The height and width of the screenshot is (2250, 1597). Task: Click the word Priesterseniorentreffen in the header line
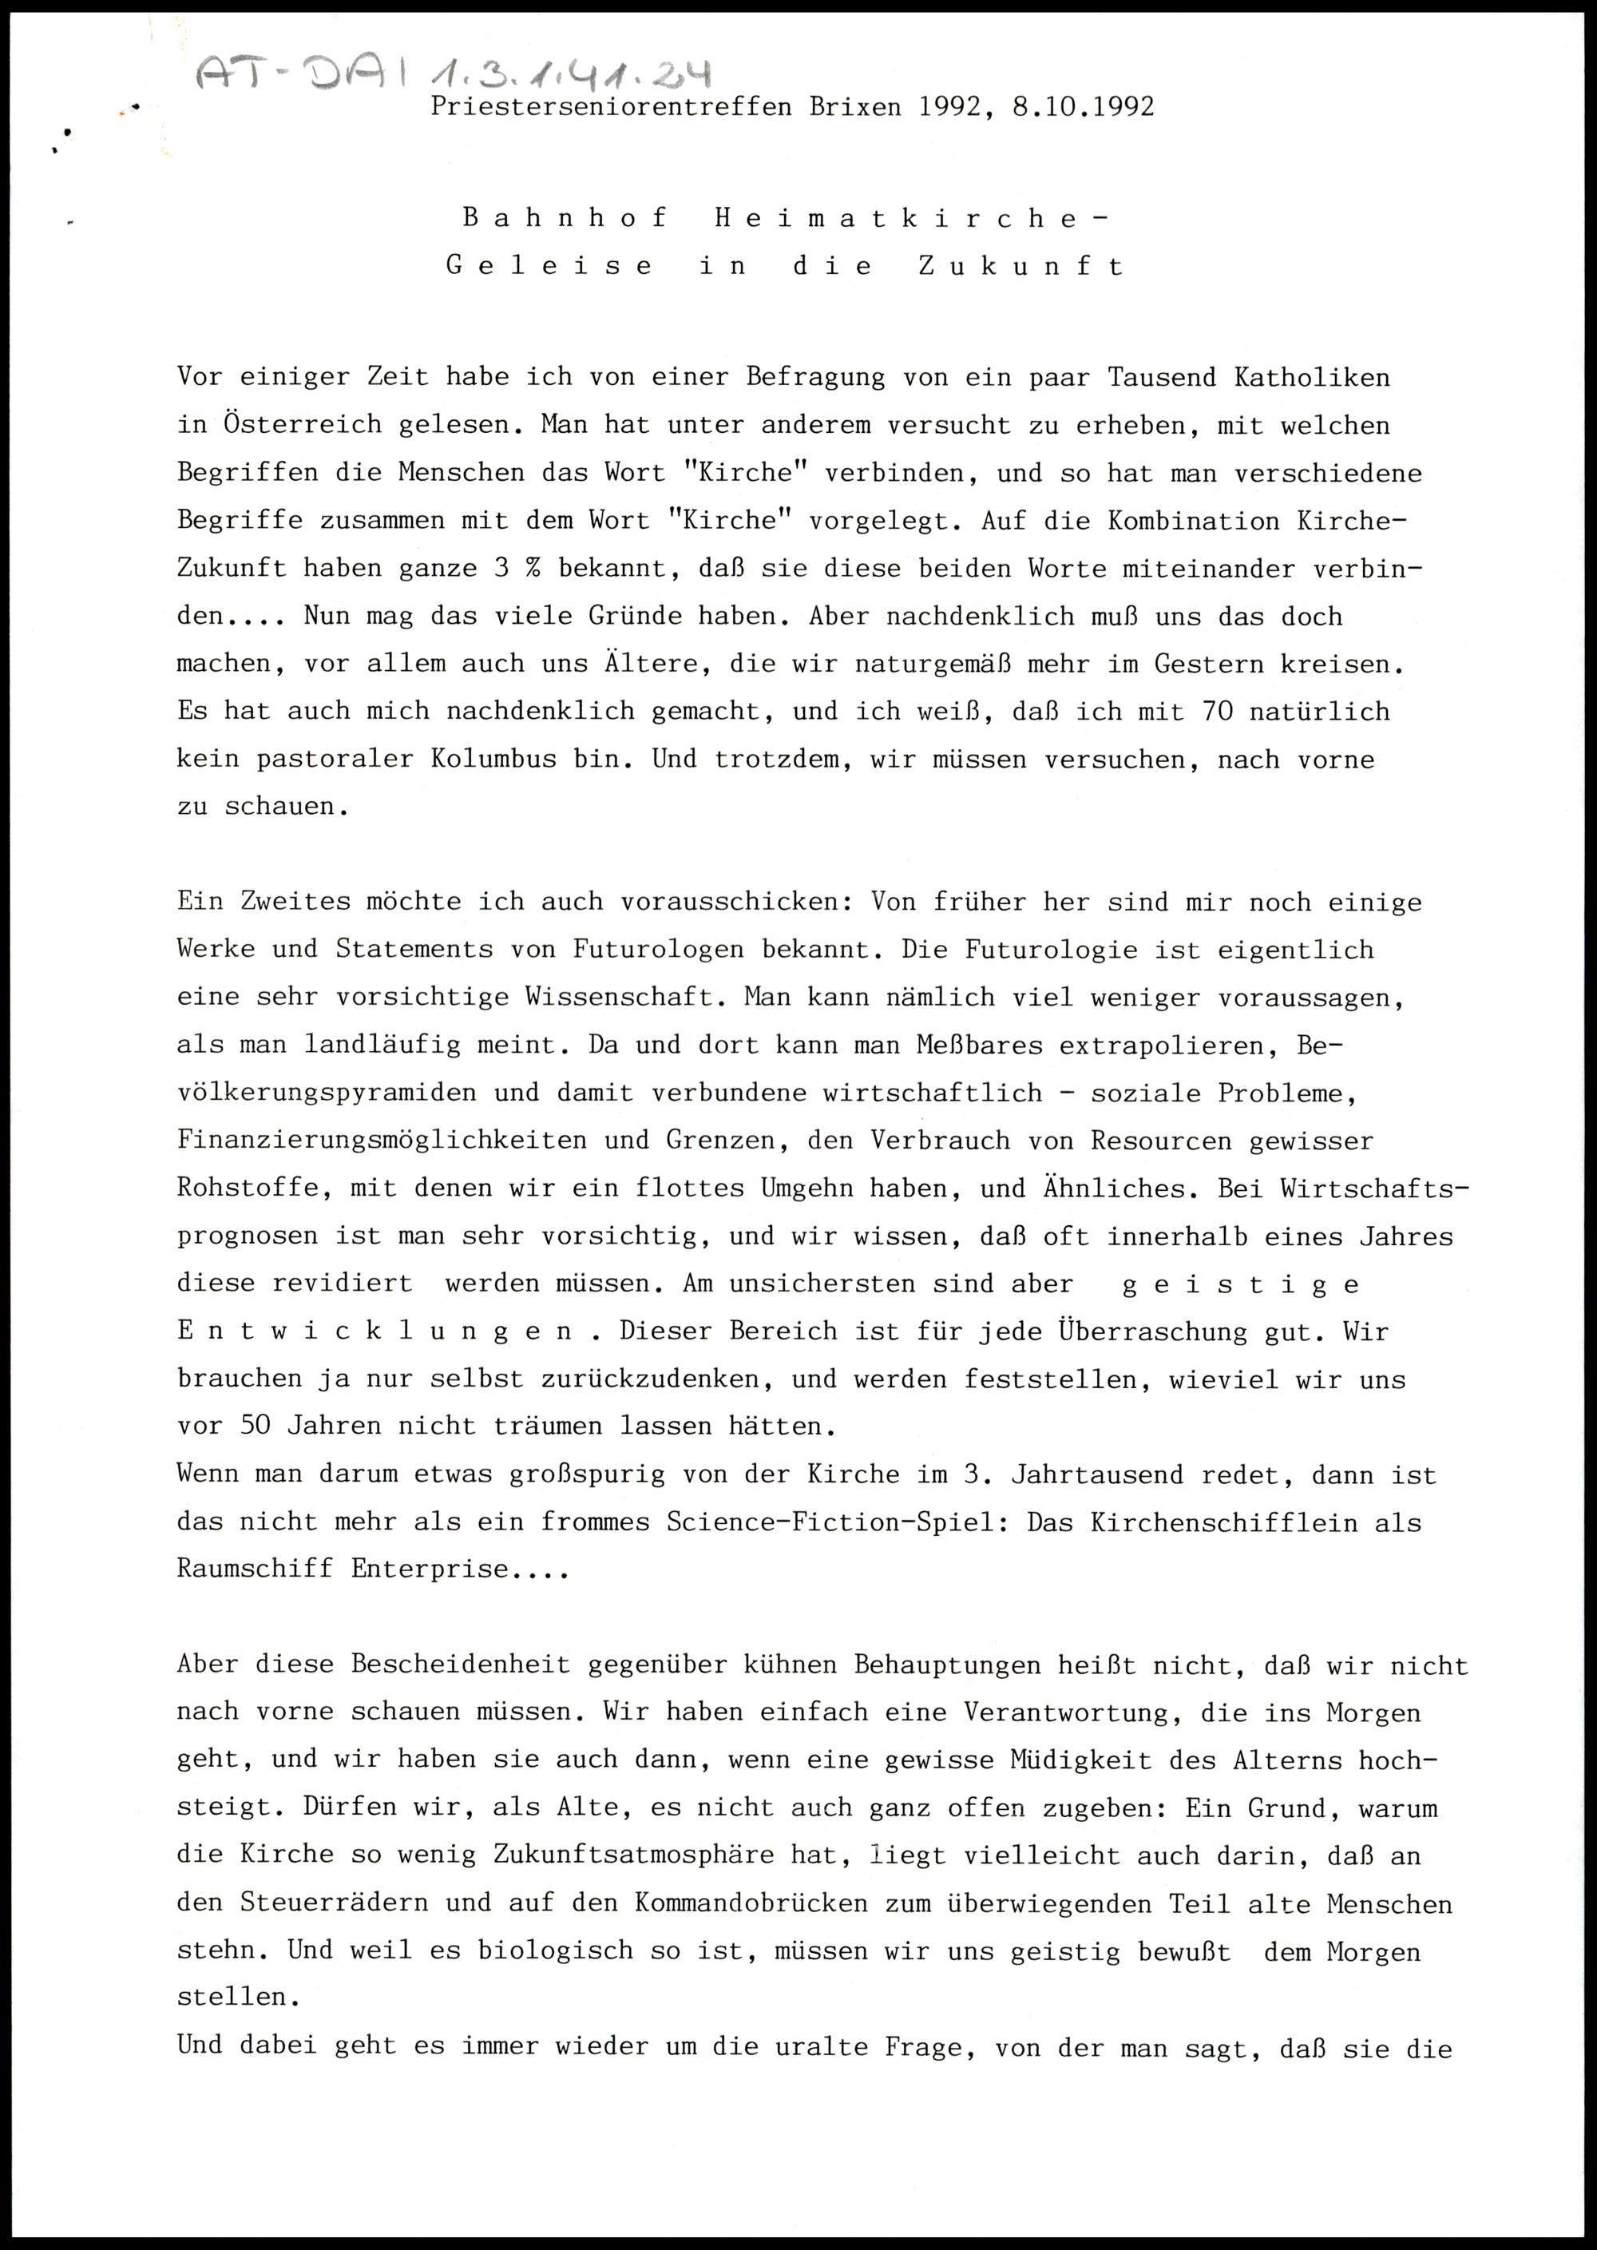(x=611, y=106)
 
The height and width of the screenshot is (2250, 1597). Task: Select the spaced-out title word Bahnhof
(x=565, y=217)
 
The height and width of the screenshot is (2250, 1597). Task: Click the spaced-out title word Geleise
(x=549, y=265)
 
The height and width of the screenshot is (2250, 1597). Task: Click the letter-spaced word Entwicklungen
(x=374, y=1331)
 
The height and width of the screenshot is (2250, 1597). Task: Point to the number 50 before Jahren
(x=255, y=1426)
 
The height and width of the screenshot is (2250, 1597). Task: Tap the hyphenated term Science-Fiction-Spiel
(x=832, y=1522)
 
